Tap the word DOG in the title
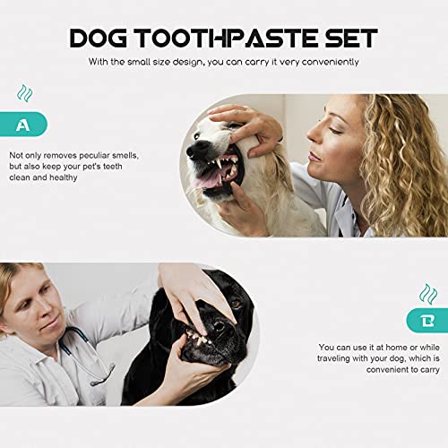(99, 38)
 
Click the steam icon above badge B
(426, 292)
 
